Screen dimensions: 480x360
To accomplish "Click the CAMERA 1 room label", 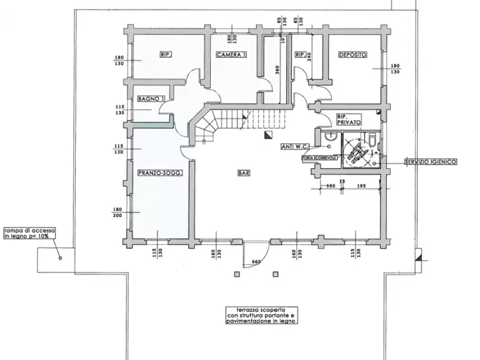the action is pyautogui.click(x=232, y=55).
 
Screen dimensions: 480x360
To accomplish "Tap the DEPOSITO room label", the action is pyautogui.click(x=353, y=55).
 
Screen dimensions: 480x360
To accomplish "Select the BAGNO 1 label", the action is pyautogui.click(x=151, y=99).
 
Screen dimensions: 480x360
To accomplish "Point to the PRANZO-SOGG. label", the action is pyautogui.click(x=160, y=173).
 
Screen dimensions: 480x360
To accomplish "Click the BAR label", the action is pyautogui.click(x=243, y=173).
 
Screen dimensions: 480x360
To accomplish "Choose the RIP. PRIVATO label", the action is pyautogui.click(x=349, y=119).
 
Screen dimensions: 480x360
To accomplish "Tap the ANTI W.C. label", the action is pyautogui.click(x=295, y=147).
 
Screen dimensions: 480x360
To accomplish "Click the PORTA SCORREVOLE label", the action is pyautogui.click(x=320, y=158).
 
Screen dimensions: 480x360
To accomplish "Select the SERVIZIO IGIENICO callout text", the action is pyautogui.click(x=431, y=162).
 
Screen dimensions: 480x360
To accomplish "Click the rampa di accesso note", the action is pyautogui.click(x=30, y=233).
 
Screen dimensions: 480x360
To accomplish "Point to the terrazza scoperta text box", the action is pyautogui.click(x=261, y=315).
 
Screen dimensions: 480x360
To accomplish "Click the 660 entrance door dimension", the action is pyautogui.click(x=256, y=262).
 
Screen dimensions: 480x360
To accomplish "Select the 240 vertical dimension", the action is pyautogui.click(x=309, y=57).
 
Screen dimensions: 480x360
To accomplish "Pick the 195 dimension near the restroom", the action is pyautogui.click(x=361, y=186).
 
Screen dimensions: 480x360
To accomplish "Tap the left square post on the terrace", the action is pyautogui.click(x=237, y=274).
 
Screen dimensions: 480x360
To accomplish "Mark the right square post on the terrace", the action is pyautogui.click(x=276, y=274).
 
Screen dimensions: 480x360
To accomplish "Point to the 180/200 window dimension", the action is pyautogui.click(x=118, y=212).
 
